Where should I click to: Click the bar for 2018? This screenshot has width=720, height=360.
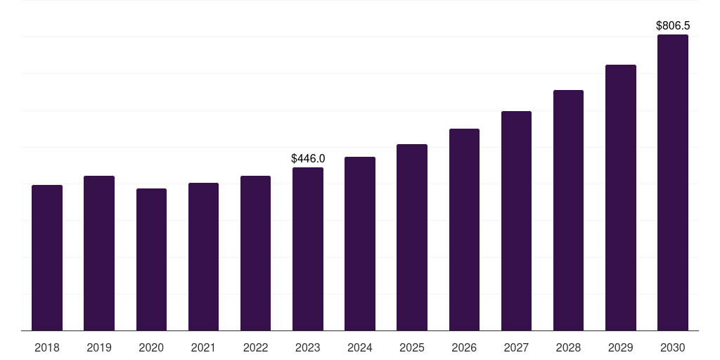[47, 258]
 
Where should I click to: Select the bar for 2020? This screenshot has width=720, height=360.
[151, 259]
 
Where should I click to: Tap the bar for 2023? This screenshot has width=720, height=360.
[308, 249]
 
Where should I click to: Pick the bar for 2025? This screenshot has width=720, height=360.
[412, 238]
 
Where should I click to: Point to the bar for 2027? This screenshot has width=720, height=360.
[516, 221]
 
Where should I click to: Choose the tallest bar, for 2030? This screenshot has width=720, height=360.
[673, 183]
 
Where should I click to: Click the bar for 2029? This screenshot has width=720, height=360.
[621, 198]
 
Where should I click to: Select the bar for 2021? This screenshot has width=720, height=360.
[203, 257]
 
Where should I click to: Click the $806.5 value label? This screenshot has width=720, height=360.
[673, 25]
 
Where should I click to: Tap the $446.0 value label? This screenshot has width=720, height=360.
[308, 159]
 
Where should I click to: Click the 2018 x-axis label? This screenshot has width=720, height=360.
[47, 347]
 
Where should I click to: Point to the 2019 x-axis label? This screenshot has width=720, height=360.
[99, 347]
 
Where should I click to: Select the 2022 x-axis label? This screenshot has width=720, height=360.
[255, 347]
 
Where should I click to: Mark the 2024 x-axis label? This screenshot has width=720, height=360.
[360, 347]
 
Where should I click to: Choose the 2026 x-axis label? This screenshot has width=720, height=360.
[464, 347]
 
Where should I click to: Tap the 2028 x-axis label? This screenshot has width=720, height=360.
[568, 347]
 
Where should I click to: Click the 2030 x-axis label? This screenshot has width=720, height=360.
[673, 347]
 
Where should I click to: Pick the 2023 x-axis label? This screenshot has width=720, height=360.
[308, 347]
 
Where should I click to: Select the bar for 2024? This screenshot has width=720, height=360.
[360, 244]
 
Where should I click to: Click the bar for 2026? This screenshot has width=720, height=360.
[464, 230]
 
